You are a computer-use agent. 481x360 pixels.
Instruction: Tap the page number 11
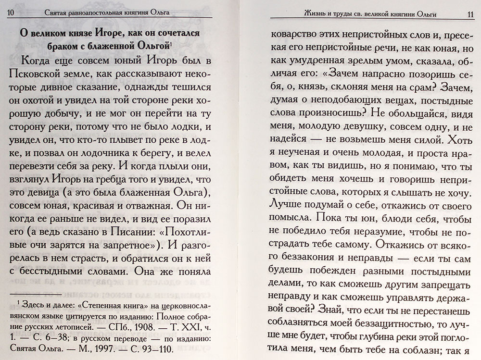pos(470,14)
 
